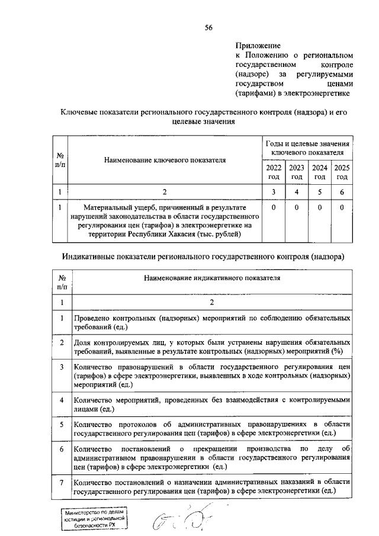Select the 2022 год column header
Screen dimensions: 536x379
274,172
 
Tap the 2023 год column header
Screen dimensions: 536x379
297,172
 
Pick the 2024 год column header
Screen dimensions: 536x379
320,172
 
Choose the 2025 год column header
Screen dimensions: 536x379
342,172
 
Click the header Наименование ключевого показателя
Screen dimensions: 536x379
165,160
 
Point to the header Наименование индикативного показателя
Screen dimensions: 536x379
210,277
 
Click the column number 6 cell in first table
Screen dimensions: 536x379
342,191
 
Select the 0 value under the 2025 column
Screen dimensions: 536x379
342,208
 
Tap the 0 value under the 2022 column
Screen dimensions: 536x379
274,208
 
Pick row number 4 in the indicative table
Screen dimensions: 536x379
62,401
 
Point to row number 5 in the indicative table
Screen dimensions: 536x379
62,425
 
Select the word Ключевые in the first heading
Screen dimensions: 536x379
81,112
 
